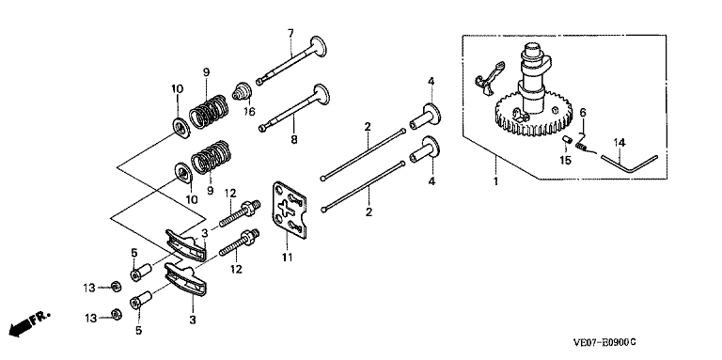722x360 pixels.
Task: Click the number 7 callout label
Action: pos(290,33)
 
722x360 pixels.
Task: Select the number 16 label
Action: pos(249,112)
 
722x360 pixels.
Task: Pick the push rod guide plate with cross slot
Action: pos(290,211)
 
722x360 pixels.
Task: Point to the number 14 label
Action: pos(620,143)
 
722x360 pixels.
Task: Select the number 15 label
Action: pos(565,161)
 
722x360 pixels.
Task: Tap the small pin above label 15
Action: pos(567,140)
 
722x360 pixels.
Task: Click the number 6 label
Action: pos(583,112)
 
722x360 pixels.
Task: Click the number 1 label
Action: pos(495,180)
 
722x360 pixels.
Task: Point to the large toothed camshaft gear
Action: pos(535,115)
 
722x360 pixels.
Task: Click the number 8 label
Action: pos(293,139)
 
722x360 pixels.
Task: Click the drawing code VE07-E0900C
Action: pos(604,342)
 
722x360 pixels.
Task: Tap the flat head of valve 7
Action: pos(318,46)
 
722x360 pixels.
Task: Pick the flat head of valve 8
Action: pos(322,96)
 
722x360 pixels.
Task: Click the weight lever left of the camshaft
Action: pos(489,77)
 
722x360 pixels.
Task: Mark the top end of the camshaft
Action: pos(534,45)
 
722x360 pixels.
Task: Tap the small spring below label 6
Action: pos(581,148)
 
